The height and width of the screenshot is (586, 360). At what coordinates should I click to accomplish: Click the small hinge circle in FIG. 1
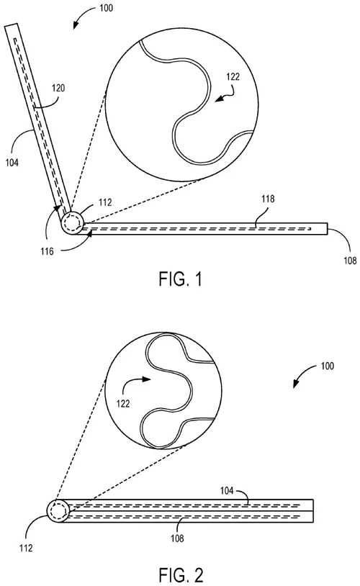pos(73,222)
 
